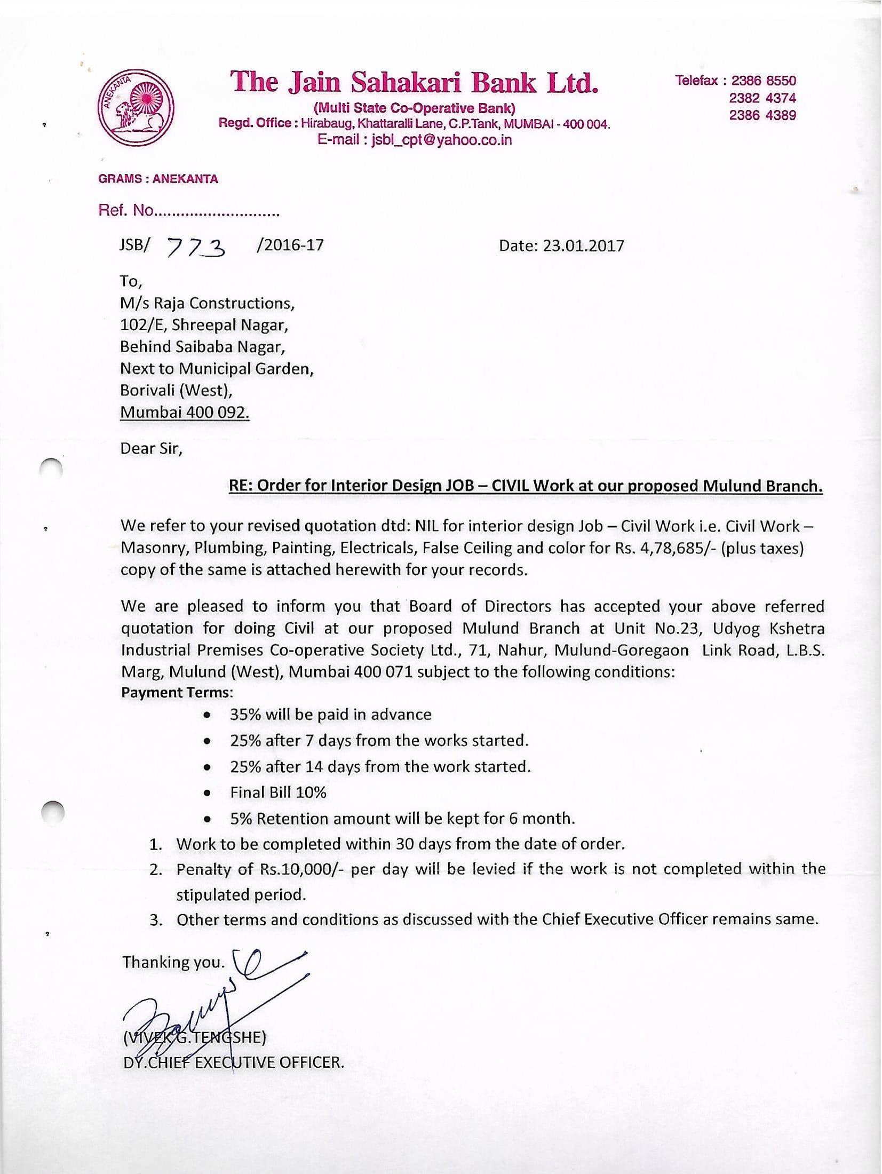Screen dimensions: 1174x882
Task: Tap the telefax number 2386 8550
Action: pyautogui.click(x=764, y=81)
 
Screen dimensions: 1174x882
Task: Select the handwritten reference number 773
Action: pyautogui.click(x=196, y=247)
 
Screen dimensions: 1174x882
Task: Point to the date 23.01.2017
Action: pyautogui.click(x=583, y=245)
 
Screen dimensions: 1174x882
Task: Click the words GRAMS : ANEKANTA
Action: pyautogui.click(x=158, y=179)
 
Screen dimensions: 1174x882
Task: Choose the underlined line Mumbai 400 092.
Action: pyautogui.click(x=185, y=413)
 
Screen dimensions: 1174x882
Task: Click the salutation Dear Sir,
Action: pyautogui.click(x=151, y=448)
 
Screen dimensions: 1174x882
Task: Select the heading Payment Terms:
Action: pyautogui.click(x=177, y=693)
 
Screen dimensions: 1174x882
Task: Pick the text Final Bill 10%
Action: pyautogui.click(x=278, y=792)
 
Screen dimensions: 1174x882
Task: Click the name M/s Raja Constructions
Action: pyautogui.click(x=207, y=303)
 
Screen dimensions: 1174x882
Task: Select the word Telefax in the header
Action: pyautogui.click(x=696, y=81)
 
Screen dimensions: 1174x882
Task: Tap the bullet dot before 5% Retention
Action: pyautogui.click(x=210, y=819)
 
